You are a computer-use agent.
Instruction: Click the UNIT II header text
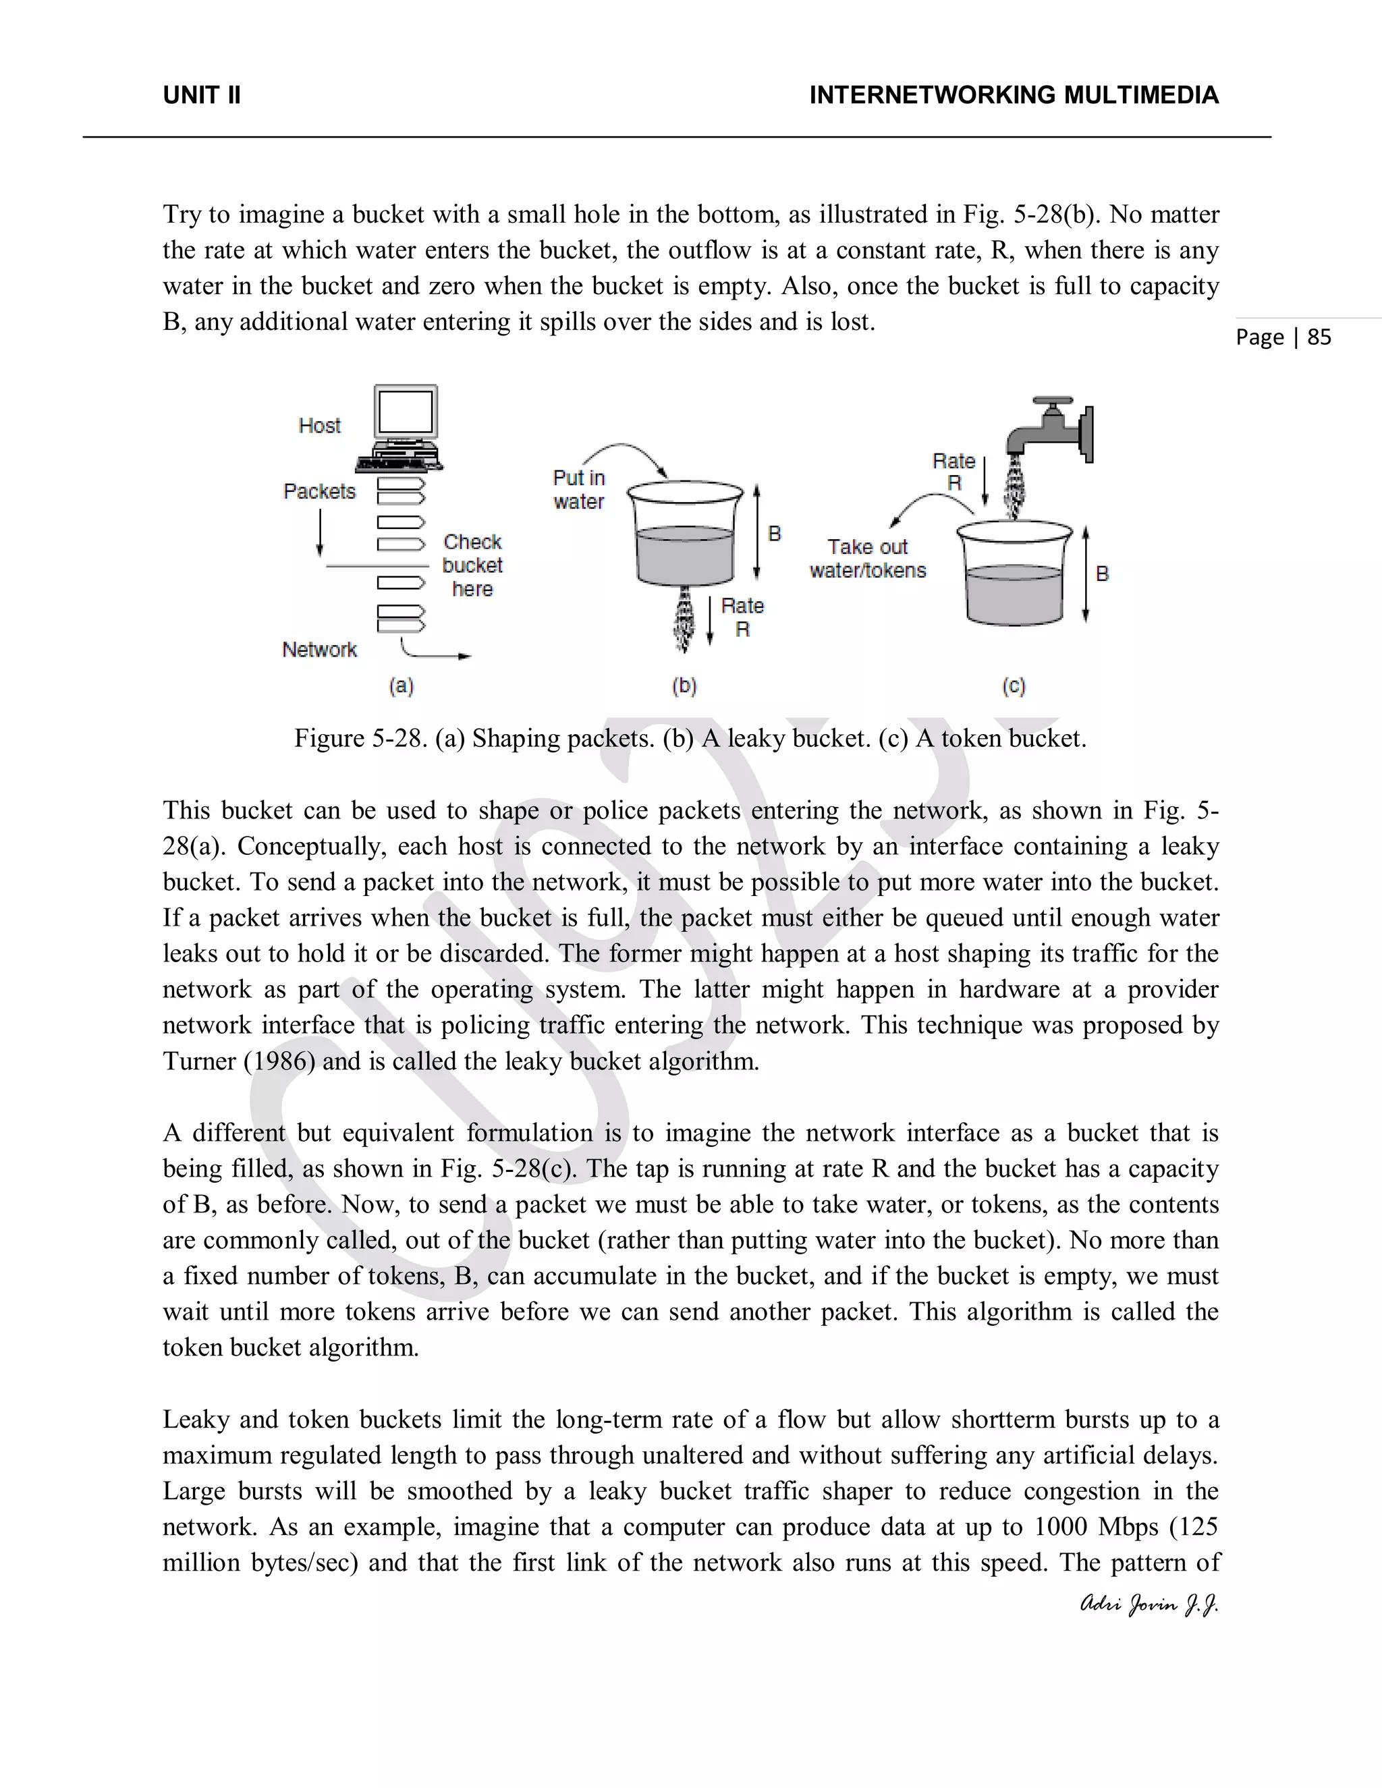[201, 96]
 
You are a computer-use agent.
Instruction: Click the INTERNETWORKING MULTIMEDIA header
[1014, 96]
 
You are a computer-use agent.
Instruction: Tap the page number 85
[1319, 337]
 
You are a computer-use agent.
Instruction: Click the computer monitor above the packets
[406, 414]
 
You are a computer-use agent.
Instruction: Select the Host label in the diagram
[319, 426]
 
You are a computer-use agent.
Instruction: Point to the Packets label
[319, 491]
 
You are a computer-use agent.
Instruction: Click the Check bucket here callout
[472, 565]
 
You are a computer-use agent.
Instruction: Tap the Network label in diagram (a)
[319, 650]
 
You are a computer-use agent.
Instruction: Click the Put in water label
[579, 490]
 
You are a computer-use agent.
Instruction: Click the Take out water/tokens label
[868, 559]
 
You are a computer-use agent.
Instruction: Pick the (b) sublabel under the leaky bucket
[684, 686]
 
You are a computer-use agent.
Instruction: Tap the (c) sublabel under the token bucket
[1014, 686]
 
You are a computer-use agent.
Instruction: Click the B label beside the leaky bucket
[775, 534]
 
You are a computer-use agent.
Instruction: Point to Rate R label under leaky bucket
[742, 617]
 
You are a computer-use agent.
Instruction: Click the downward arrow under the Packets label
[320, 532]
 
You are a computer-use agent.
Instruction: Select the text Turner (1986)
[238, 1062]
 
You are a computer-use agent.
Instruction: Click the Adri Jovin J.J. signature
[1149, 1604]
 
